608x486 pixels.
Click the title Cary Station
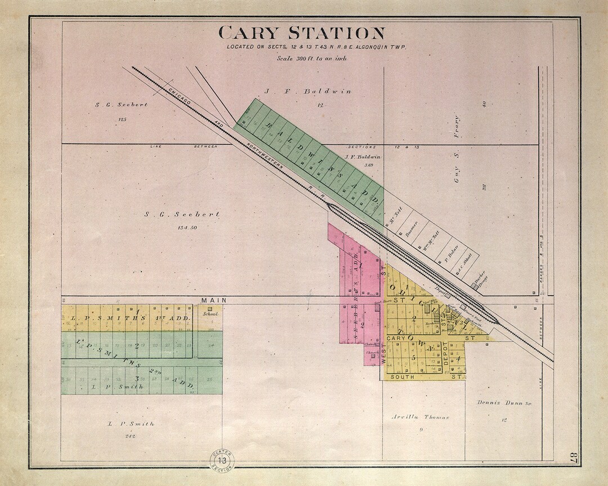pyautogui.click(x=302, y=33)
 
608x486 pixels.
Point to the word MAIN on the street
pyautogui.click(x=214, y=300)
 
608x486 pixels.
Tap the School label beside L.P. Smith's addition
pyautogui.click(x=210, y=314)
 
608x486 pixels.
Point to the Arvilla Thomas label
pyautogui.click(x=421, y=417)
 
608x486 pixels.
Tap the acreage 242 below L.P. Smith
pyautogui.click(x=131, y=436)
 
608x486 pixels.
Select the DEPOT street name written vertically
pyautogui.click(x=445, y=353)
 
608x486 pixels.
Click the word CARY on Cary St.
pyautogui.click(x=381, y=338)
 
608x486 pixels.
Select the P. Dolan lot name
pyautogui.click(x=450, y=251)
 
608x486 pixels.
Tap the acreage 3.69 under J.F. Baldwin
pyautogui.click(x=369, y=165)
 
